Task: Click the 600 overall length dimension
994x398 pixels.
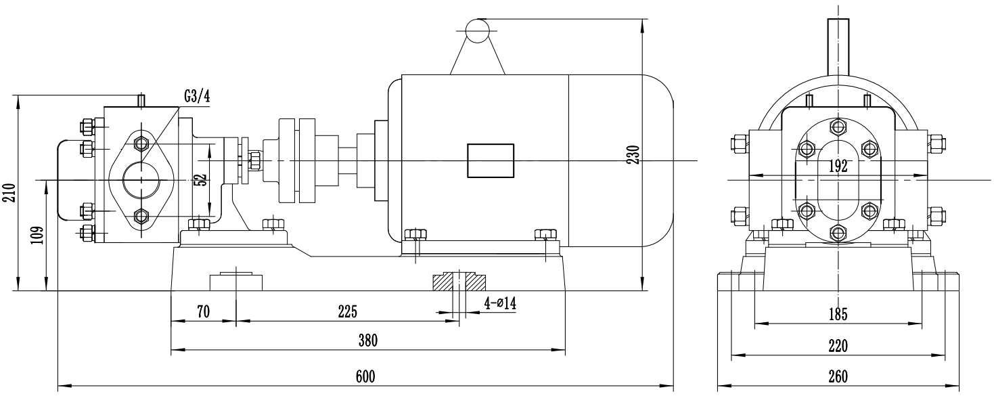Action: point(365,376)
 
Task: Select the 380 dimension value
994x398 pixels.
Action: point(368,340)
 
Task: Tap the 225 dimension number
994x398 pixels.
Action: point(346,311)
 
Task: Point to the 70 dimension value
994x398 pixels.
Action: point(204,311)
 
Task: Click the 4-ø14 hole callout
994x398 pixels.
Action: point(500,303)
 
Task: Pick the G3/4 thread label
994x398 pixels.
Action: point(197,96)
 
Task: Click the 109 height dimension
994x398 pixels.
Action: point(39,235)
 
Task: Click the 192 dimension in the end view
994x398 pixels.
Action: point(838,167)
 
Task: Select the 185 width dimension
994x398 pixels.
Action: point(838,314)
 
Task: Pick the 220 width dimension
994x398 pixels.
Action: point(838,346)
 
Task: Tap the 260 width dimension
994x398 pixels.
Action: point(838,376)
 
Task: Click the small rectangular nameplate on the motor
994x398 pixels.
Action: point(490,160)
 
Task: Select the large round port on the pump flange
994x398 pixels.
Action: point(141,179)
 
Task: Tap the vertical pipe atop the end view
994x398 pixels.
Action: point(839,47)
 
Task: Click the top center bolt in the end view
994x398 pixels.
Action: point(839,127)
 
